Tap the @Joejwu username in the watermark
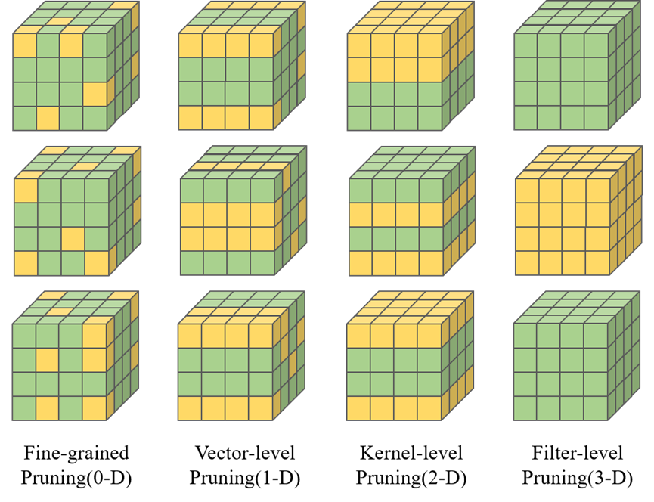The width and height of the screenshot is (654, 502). (x=625, y=489)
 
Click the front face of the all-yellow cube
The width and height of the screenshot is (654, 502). (x=563, y=226)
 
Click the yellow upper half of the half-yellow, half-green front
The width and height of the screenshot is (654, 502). (x=395, y=57)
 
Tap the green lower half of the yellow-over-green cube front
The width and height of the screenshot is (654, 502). (x=395, y=106)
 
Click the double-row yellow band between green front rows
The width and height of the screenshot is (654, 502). (x=227, y=226)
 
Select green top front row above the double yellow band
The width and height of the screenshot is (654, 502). (x=227, y=190)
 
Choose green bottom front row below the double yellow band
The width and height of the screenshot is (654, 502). (x=227, y=262)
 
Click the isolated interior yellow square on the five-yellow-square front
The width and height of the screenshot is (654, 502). (x=48, y=359)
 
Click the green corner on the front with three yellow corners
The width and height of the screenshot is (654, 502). (x=96, y=190)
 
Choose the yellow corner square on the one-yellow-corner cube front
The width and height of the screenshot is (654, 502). (x=24, y=45)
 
